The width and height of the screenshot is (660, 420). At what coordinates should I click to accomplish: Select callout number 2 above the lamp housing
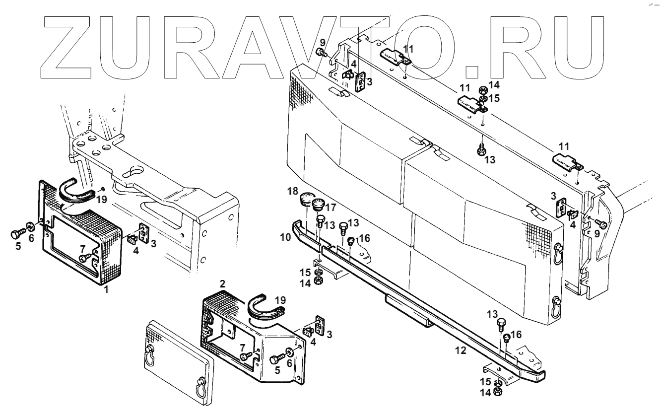pyautogui.click(x=223, y=283)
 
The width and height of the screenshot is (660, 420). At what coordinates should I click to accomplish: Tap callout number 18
pyautogui.click(x=293, y=192)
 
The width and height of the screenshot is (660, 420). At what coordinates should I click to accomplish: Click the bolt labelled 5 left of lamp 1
pyautogui.click(x=17, y=233)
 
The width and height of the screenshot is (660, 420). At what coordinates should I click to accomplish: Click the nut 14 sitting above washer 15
pyautogui.click(x=481, y=90)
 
